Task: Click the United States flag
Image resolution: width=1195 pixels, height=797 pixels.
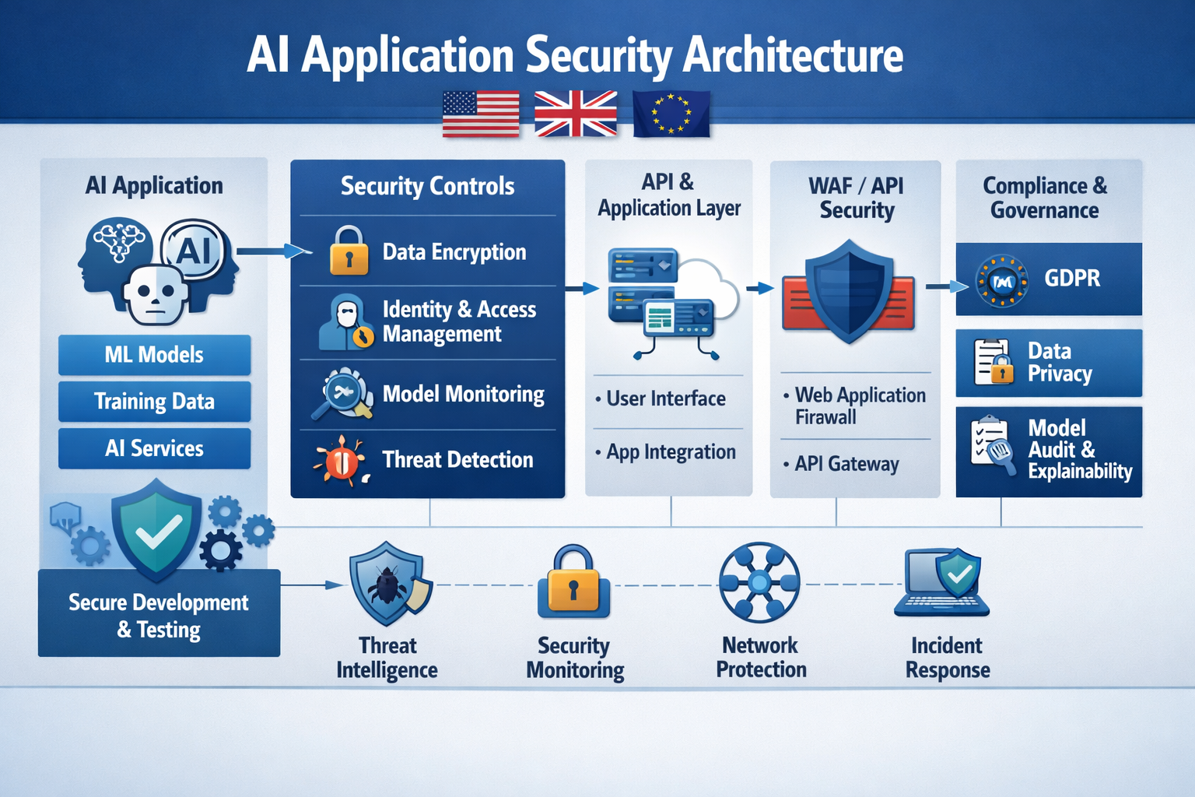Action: click(481, 114)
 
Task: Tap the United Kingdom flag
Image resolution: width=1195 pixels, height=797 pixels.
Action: click(576, 114)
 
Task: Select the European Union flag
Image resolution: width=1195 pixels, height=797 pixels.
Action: click(671, 114)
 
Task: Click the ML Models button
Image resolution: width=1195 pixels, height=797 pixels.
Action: click(154, 355)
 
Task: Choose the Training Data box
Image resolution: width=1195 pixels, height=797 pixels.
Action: click(154, 402)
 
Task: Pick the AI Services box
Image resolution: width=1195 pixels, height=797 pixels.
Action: click(154, 448)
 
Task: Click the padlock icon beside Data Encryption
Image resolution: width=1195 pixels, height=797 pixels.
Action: click(349, 251)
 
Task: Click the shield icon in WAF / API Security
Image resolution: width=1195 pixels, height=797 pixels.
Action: click(849, 292)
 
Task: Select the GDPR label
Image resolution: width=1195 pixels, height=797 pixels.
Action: click(1072, 279)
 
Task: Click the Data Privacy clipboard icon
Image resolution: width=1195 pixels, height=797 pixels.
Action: click(993, 363)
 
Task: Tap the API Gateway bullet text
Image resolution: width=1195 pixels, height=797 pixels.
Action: click(846, 464)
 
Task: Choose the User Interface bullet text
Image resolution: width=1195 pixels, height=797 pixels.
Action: click(665, 398)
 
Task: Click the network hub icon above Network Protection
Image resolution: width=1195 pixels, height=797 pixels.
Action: click(759, 582)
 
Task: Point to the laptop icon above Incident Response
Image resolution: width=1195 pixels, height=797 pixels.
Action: click(942, 584)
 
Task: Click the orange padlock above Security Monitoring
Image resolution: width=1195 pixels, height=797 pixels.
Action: click(573, 584)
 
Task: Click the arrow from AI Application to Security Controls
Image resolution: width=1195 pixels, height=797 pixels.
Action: click(272, 251)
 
